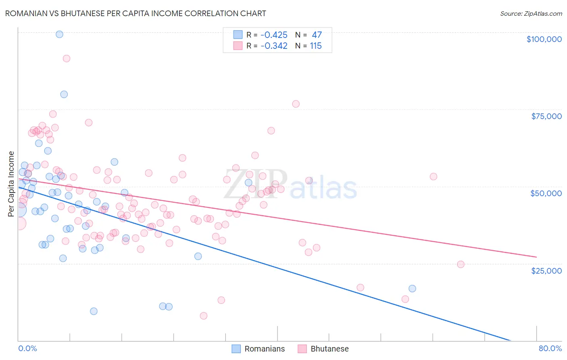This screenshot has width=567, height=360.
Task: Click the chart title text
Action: coord(135,13)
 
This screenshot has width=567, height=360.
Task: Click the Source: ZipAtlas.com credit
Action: coord(531,13)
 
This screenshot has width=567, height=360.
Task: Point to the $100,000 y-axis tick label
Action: coord(544,39)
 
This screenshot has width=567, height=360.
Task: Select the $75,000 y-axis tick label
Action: coord(546,116)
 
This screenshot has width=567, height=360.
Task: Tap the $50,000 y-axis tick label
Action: coord(546,193)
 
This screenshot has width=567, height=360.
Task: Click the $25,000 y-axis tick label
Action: coord(546,270)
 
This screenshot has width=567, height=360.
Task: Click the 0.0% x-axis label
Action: coord(27,348)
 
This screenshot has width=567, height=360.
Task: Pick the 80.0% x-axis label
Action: coord(550,348)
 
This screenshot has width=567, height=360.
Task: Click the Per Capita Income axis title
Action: coord(11,184)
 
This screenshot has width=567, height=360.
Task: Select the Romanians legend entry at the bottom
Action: coord(258,349)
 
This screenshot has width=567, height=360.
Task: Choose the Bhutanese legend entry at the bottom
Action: coord(323,349)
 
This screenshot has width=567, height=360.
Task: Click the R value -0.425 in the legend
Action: coord(274,35)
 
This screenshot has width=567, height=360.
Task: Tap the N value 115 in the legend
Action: coord(315,46)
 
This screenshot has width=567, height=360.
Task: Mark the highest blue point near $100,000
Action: coord(59,34)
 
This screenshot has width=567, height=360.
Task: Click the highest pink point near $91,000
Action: coord(67,59)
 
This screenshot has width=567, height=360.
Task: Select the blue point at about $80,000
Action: coord(64,94)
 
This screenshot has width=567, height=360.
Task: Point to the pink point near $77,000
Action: coord(296,104)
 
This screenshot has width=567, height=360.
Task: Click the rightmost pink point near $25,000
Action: coord(461,264)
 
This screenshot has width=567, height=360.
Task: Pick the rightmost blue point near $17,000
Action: coord(412,289)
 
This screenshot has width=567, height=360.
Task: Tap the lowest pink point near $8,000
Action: coord(204,316)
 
